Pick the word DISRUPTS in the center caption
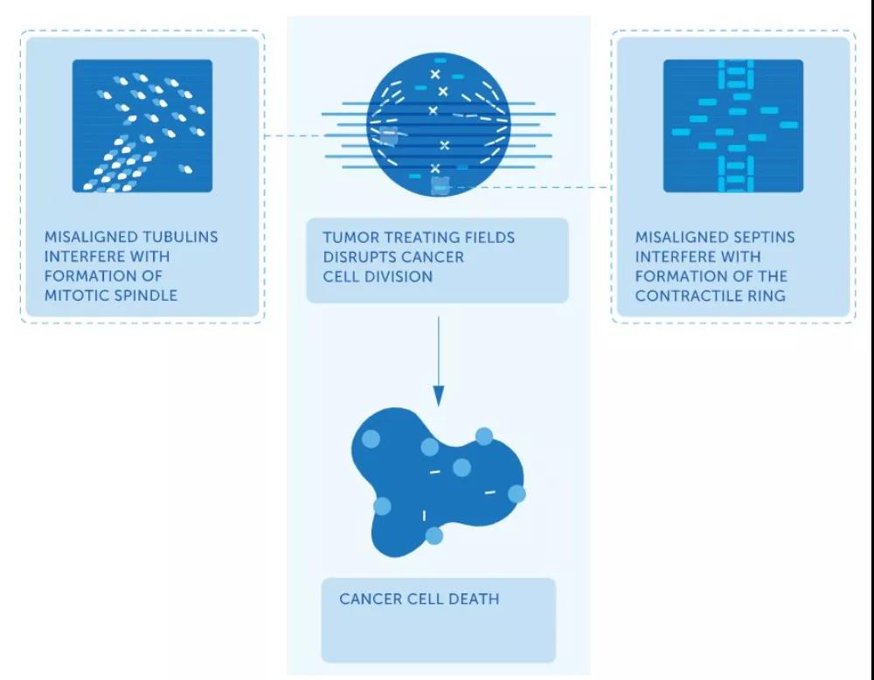tap(361, 257)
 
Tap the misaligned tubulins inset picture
tap(142, 126)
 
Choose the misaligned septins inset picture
tap(732, 126)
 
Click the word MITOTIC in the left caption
tap(74, 295)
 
